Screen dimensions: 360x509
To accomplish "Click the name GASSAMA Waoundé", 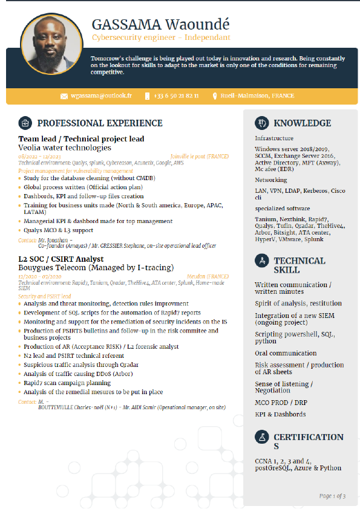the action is (x=161, y=25).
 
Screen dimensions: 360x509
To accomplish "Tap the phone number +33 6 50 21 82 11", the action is (x=176, y=96).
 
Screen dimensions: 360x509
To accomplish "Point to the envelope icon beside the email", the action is (x=64, y=96).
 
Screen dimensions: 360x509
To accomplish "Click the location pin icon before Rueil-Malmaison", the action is (x=214, y=96).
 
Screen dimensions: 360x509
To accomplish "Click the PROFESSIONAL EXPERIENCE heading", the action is (x=100, y=123).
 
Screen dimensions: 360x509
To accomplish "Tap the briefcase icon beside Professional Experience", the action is (x=25, y=123).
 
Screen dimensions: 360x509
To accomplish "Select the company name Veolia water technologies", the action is (x=65, y=148).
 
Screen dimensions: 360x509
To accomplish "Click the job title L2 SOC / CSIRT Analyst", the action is (x=61, y=259).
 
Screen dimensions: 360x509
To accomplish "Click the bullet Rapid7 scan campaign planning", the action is (x=67, y=382).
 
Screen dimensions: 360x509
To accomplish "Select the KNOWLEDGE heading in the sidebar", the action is (x=302, y=123).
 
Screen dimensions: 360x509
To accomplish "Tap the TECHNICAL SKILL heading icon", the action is (x=262, y=261).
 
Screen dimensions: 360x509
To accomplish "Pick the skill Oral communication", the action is (x=286, y=353).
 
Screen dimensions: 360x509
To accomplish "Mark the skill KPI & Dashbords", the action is (x=280, y=414).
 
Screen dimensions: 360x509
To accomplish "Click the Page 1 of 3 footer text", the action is (x=332, y=496).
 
